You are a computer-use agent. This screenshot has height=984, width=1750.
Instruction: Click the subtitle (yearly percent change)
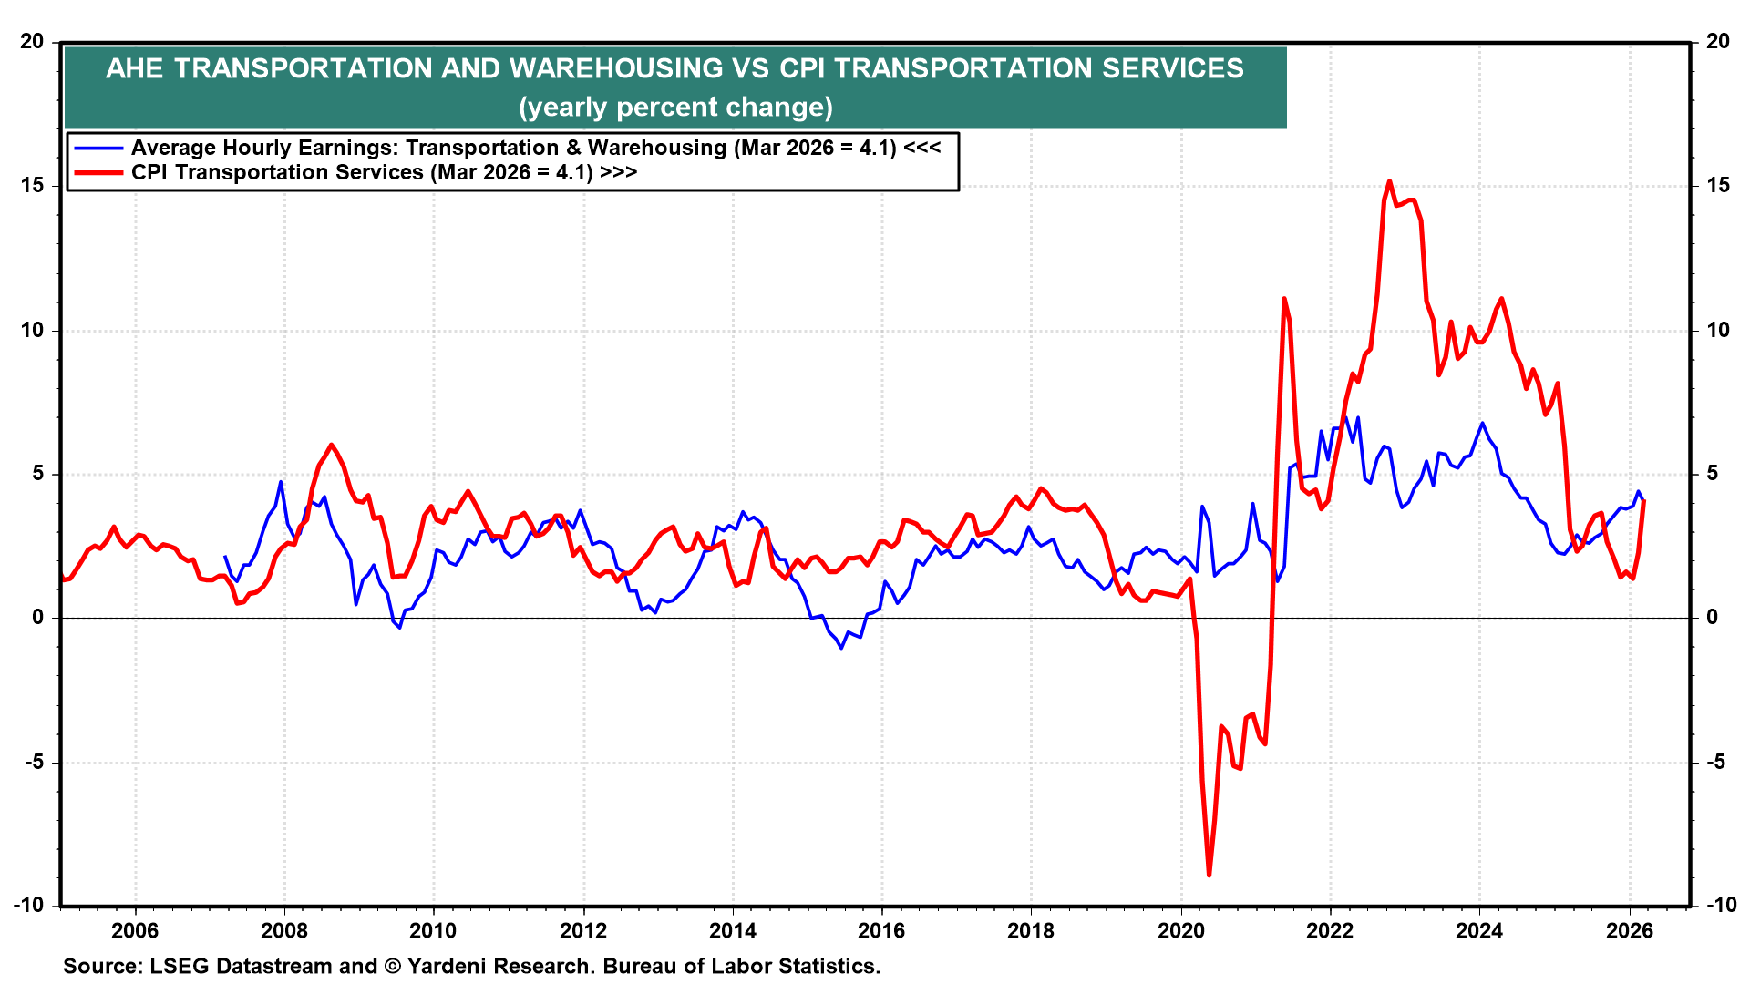pyautogui.click(x=675, y=108)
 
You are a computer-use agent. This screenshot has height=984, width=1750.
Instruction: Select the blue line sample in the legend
pyautogui.click(x=98, y=148)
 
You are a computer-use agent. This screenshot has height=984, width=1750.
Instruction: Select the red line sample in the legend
pyautogui.click(x=98, y=172)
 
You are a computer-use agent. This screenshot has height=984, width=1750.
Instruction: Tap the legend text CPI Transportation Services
pyautogui.click(x=277, y=172)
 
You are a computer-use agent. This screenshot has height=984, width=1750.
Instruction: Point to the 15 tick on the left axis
pyautogui.click(x=33, y=186)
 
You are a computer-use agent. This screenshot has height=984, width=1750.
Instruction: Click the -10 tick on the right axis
pyautogui.click(x=1720, y=906)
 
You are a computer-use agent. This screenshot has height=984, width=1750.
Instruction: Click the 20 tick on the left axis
pyautogui.click(x=33, y=42)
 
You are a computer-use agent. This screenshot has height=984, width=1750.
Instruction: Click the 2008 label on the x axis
pyautogui.click(x=283, y=930)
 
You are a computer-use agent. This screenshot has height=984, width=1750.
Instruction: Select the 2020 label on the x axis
pyautogui.click(x=1180, y=930)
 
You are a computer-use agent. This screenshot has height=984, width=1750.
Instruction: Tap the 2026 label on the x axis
pyautogui.click(x=1629, y=930)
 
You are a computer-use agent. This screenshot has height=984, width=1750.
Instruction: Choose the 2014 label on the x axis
pyautogui.click(x=732, y=930)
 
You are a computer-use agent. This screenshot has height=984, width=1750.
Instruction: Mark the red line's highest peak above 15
pyautogui.click(x=1389, y=181)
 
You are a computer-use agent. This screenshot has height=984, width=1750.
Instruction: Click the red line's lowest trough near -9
pyautogui.click(x=1209, y=875)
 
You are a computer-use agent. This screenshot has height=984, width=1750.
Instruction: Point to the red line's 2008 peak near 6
pyautogui.click(x=331, y=446)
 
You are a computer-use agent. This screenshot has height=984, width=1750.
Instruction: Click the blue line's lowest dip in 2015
pyautogui.click(x=841, y=647)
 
